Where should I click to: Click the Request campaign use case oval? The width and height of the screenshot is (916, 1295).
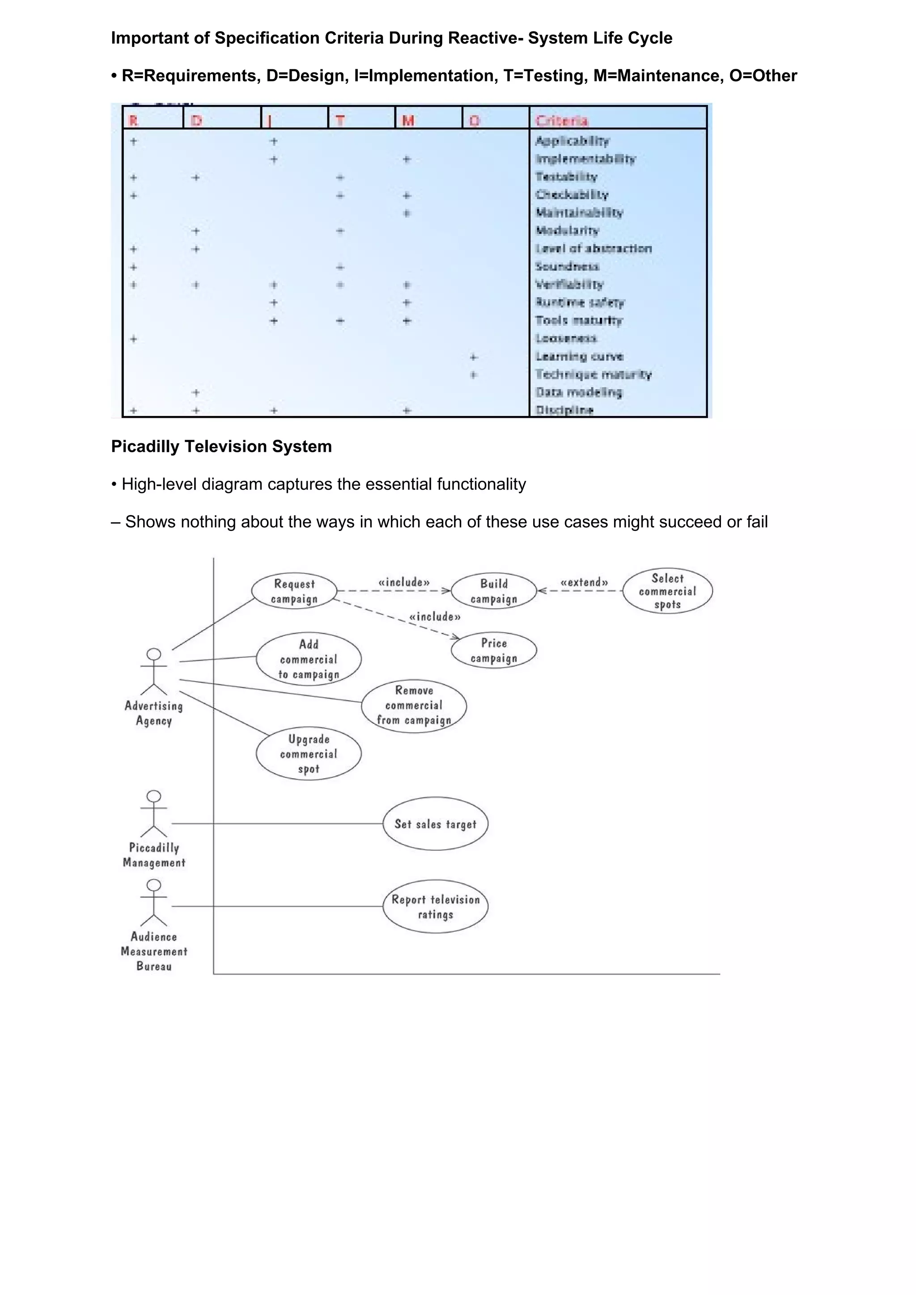[x=294, y=591]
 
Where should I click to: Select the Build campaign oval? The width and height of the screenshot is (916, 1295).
[x=494, y=591]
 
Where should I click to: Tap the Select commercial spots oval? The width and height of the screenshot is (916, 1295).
[x=667, y=591]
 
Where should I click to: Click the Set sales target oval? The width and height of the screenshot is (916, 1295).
[x=435, y=824]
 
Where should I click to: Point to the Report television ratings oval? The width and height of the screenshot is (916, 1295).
[x=435, y=906]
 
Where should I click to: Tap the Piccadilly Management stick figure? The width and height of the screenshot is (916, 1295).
[x=153, y=813]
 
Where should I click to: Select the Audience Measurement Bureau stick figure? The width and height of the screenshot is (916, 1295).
[x=153, y=903]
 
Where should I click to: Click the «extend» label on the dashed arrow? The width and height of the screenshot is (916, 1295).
[x=584, y=582]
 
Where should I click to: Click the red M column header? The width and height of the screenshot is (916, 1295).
[x=408, y=121]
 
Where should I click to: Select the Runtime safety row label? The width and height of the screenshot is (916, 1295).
[x=580, y=303]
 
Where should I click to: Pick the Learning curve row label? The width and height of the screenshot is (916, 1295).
[x=579, y=357]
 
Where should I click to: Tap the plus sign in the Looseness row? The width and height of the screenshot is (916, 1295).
[x=134, y=338]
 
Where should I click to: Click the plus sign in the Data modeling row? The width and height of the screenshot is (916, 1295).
[x=195, y=392]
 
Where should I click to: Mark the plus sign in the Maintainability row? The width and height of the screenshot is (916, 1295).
[x=407, y=213]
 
